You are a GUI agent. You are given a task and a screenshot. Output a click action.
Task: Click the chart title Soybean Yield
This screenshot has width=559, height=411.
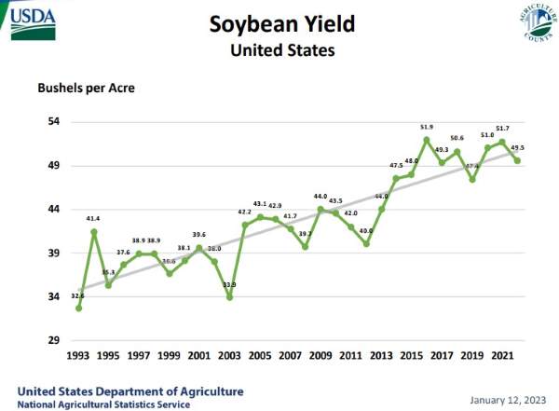[x=280, y=23]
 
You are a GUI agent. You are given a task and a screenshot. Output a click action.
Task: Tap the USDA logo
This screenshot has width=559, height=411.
[x=31, y=21]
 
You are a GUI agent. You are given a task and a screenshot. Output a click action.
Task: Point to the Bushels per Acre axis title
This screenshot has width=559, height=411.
[x=87, y=89]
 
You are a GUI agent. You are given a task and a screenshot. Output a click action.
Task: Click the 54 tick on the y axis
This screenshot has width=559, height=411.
[x=54, y=122]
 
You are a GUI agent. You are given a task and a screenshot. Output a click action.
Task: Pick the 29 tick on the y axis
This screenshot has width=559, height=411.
[x=54, y=340]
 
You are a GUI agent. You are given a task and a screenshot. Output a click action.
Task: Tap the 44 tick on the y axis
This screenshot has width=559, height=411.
[x=54, y=210]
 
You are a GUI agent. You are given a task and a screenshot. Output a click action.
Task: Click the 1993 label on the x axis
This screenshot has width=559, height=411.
[x=78, y=356]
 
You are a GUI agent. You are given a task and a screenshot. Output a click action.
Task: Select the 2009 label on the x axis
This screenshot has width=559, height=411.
[x=320, y=356]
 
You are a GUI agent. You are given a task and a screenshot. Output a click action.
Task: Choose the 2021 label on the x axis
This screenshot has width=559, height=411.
[x=501, y=356]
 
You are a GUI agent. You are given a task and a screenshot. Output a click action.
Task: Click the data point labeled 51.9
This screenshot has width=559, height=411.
[x=426, y=140]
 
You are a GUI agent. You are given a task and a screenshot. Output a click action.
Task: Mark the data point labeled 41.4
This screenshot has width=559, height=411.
[x=94, y=231]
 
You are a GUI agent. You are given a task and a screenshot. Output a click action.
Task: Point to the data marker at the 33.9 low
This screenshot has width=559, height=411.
[x=229, y=296]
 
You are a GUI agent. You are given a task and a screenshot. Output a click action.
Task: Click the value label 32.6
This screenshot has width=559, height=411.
[x=78, y=295]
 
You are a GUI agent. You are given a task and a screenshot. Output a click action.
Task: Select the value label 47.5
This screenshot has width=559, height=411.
[x=395, y=166]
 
